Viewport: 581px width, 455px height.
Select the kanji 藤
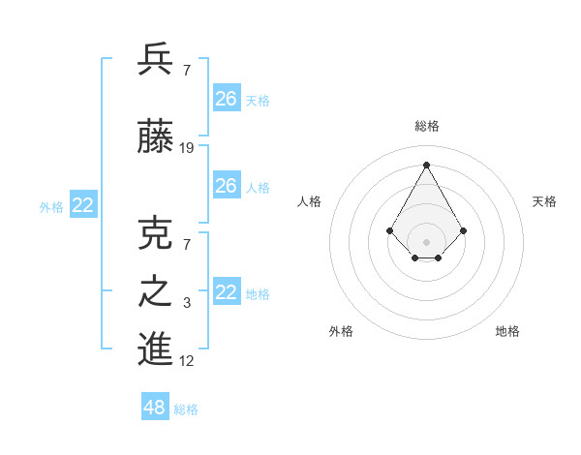click(x=156, y=138)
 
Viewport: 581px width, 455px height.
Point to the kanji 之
click(x=156, y=292)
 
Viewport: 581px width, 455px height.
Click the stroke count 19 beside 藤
click(x=187, y=148)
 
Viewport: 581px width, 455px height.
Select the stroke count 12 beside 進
click(x=187, y=361)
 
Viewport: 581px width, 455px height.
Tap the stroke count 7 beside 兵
click(x=186, y=72)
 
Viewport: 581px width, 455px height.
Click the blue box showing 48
click(x=155, y=408)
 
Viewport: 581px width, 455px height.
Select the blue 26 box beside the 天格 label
click(x=227, y=99)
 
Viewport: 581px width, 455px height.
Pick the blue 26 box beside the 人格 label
click(x=227, y=186)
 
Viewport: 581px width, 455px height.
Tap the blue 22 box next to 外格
click(x=83, y=205)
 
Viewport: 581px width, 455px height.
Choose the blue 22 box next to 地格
click(x=227, y=292)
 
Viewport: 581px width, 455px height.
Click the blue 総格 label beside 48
click(x=186, y=409)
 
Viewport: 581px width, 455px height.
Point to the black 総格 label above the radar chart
click(x=427, y=126)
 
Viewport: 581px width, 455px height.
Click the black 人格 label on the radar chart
click(x=310, y=201)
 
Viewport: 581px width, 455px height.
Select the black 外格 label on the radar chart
click(x=341, y=331)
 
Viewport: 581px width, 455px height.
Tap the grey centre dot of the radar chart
click(x=426, y=241)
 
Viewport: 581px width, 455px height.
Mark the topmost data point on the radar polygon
click(x=426, y=164)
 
